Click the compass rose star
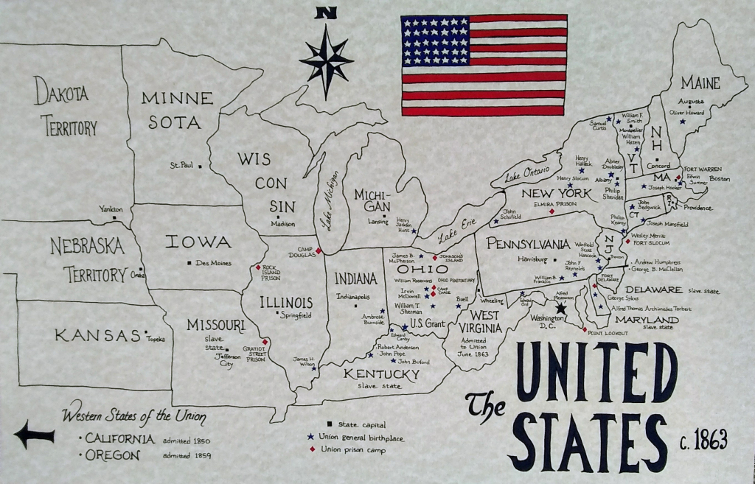click(326, 60)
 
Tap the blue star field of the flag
click(435, 41)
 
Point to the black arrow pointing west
click(34, 434)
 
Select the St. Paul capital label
click(181, 165)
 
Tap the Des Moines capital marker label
click(213, 263)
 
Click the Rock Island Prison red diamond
click(257, 267)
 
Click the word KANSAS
click(97, 336)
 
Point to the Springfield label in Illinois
click(295, 315)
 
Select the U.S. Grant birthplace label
click(427, 323)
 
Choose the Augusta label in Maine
click(691, 102)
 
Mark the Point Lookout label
click(608, 333)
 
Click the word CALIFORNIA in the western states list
click(119, 439)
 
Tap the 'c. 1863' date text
click(703, 441)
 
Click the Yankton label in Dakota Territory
click(112, 208)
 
